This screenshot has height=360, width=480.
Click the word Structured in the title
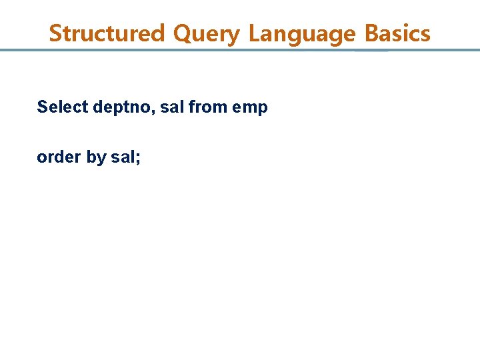point(107,33)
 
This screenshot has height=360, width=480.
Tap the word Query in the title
point(206,33)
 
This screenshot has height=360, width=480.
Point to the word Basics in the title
point(398,33)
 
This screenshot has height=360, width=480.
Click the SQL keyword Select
point(63,107)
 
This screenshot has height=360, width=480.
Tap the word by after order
point(96,158)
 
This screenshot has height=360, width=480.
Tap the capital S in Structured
point(55,33)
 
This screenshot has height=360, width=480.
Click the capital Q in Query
point(182,33)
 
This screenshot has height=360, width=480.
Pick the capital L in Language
point(254,33)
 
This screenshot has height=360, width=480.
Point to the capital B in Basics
point(371,33)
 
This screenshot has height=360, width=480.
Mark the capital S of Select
point(42,107)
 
